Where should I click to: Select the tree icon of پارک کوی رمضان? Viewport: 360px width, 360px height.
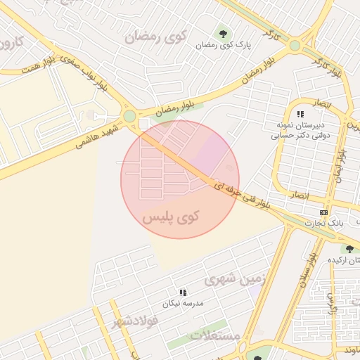tap(222, 32)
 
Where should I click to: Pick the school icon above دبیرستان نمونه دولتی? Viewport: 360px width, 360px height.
tap(300, 113)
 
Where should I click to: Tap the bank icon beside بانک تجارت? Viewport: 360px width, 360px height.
tap(323, 212)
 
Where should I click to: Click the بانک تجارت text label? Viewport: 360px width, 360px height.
tap(323, 223)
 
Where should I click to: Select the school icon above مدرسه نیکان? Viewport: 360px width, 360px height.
tap(183, 292)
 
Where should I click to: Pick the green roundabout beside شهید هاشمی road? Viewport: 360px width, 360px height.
tap(129, 116)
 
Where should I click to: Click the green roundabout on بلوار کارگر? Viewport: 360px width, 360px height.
tap(295, 46)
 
